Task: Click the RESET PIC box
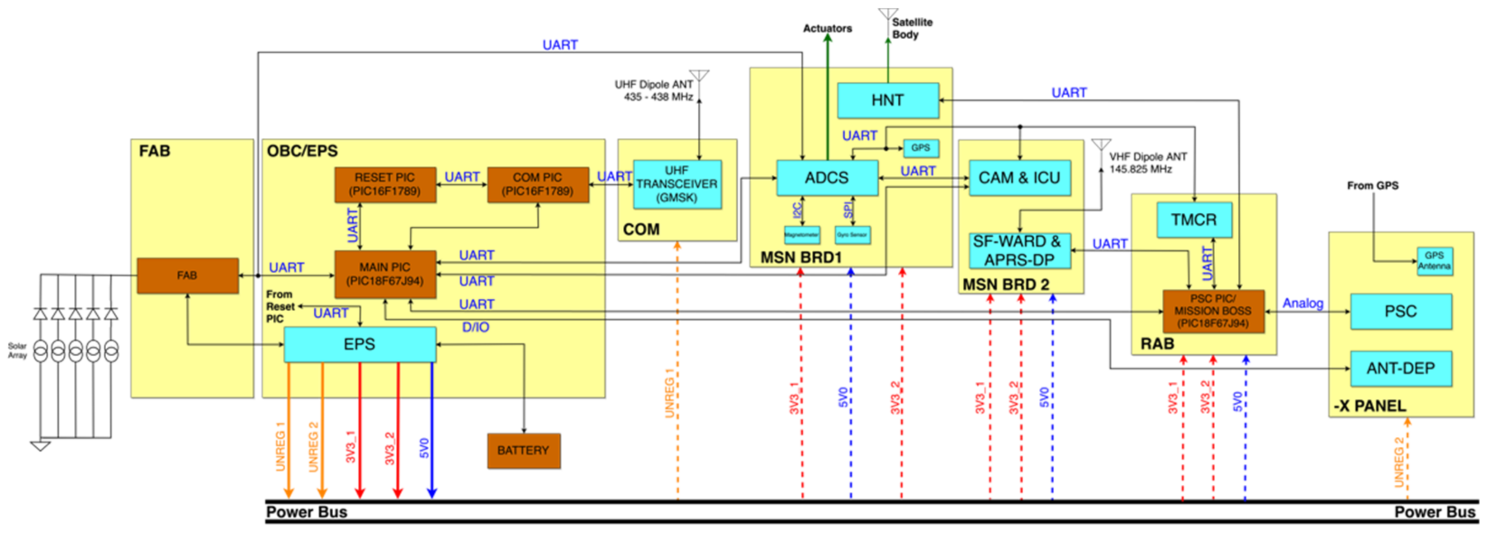pos(385,185)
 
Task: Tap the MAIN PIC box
pos(385,274)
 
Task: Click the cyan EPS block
pos(360,344)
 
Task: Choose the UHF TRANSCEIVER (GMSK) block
pos(677,184)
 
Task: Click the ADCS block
pos(827,178)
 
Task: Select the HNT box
pos(887,100)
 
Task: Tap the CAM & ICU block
pos(1019,178)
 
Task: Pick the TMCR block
pos(1194,220)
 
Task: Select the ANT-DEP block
pos(1401,368)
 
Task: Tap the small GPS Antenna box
pos(1434,261)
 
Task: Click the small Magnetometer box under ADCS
pos(802,235)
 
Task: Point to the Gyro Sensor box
pos(852,235)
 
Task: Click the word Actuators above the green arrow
pos(827,28)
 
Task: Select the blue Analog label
pos(1302,303)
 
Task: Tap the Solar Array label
pos(17,351)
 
